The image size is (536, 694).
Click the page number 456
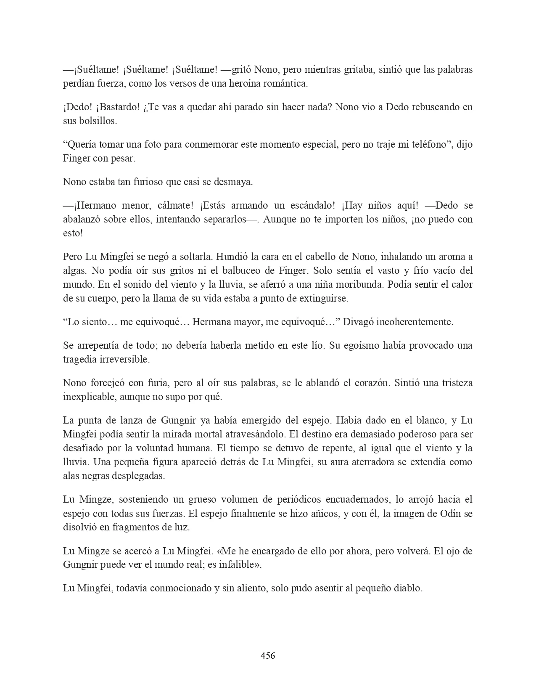pyautogui.click(x=268, y=655)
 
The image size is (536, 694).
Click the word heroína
pyautogui.click(x=242, y=84)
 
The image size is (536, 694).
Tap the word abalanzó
pyautogui.click(x=84, y=220)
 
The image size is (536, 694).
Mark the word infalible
pyautogui.click(x=239, y=565)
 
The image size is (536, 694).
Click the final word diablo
pyautogui.click(x=407, y=588)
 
